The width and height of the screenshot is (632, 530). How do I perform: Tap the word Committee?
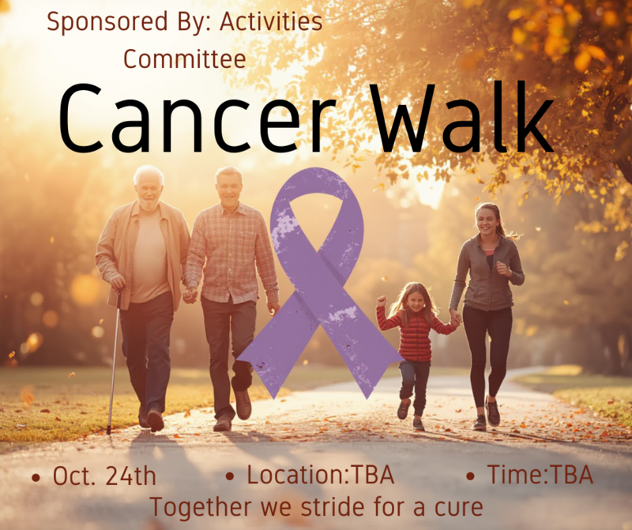[185, 58]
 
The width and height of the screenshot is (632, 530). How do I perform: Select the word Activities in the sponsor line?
[271, 21]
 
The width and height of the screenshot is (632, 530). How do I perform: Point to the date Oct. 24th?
[104, 476]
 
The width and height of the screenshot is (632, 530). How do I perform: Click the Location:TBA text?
[321, 475]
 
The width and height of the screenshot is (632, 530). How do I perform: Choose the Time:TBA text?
[540, 475]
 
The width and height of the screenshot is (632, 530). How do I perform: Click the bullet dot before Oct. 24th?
[36, 478]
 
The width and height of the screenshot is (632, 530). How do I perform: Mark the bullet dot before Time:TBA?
[470, 476]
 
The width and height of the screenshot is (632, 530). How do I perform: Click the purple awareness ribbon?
[318, 282]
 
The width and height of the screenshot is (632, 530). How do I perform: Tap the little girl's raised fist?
[381, 301]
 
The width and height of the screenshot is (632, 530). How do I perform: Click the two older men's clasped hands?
[190, 295]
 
